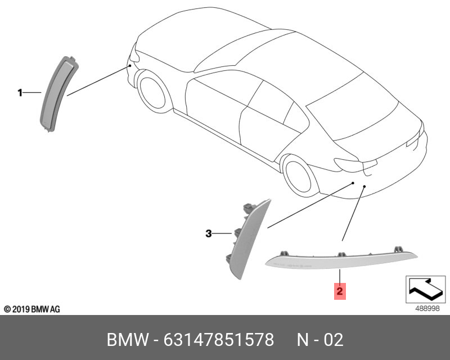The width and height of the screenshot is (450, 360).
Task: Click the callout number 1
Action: click(x=20, y=92)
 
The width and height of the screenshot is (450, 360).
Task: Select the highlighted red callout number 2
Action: click(x=340, y=291)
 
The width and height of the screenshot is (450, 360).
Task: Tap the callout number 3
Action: click(x=208, y=233)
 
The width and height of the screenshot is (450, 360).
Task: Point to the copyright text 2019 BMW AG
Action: click(x=31, y=309)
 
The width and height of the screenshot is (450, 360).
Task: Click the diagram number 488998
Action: click(x=426, y=308)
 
